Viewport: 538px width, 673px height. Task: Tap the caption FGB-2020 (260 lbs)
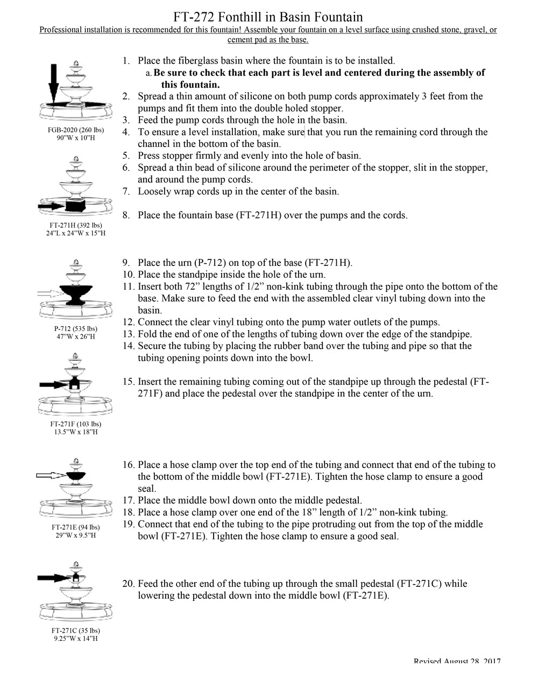76,130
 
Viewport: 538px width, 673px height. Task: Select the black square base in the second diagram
75,205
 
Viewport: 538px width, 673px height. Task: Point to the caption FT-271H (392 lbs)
76,225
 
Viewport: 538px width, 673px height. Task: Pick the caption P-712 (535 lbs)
76,328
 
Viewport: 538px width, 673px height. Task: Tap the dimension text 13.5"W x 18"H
76,432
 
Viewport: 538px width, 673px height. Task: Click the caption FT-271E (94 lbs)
76,527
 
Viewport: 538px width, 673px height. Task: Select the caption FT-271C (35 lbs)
76,630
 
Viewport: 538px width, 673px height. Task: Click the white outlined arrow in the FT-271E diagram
50,475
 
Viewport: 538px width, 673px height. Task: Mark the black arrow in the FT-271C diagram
54,577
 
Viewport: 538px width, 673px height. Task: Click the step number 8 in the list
126,215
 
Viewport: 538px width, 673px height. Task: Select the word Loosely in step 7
155,191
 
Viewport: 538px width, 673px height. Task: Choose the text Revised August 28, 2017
457,662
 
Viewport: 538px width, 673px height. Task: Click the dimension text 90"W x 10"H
76,138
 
